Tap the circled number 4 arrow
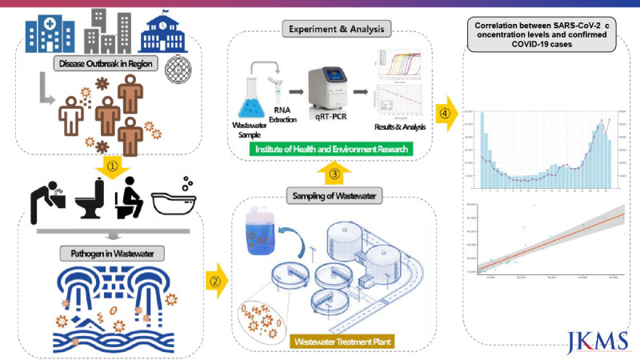tap(446, 110)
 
